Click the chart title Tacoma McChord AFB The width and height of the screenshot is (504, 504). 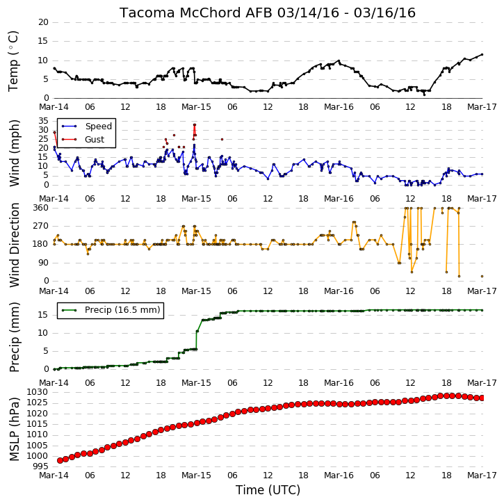click(x=196, y=13)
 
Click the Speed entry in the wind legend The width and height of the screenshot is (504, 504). click(x=87, y=127)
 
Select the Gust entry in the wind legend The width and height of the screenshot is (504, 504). click(x=83, y=140)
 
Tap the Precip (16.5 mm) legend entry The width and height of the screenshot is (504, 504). click(x=111, y=310)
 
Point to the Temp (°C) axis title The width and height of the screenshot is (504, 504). click(x=13, y=61)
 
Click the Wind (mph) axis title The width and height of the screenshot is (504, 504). click(x=14, y=153)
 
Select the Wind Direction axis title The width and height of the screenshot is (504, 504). click(x=14, y=245)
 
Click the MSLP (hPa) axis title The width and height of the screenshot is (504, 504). click(x=14, y=429)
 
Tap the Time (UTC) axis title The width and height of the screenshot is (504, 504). click(x=268, y=490)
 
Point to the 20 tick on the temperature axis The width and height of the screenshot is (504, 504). click(x=43, y=22)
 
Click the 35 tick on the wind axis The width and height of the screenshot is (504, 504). click(x=43, y=121)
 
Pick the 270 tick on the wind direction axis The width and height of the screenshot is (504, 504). click(x=41, y=226)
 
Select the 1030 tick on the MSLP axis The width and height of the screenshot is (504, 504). click(x=38, y=392)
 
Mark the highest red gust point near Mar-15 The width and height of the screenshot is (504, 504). click(x=195, y=124)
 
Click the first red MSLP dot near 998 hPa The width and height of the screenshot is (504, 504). click(x=60, y=461)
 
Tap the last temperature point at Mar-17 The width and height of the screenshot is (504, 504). click(x=482, y=55)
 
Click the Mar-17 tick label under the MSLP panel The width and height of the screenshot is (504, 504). click(x=482, y=475)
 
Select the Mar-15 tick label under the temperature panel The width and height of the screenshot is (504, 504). click(x=196, y=107)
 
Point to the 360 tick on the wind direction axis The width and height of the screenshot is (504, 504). click(x=41, y=208)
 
